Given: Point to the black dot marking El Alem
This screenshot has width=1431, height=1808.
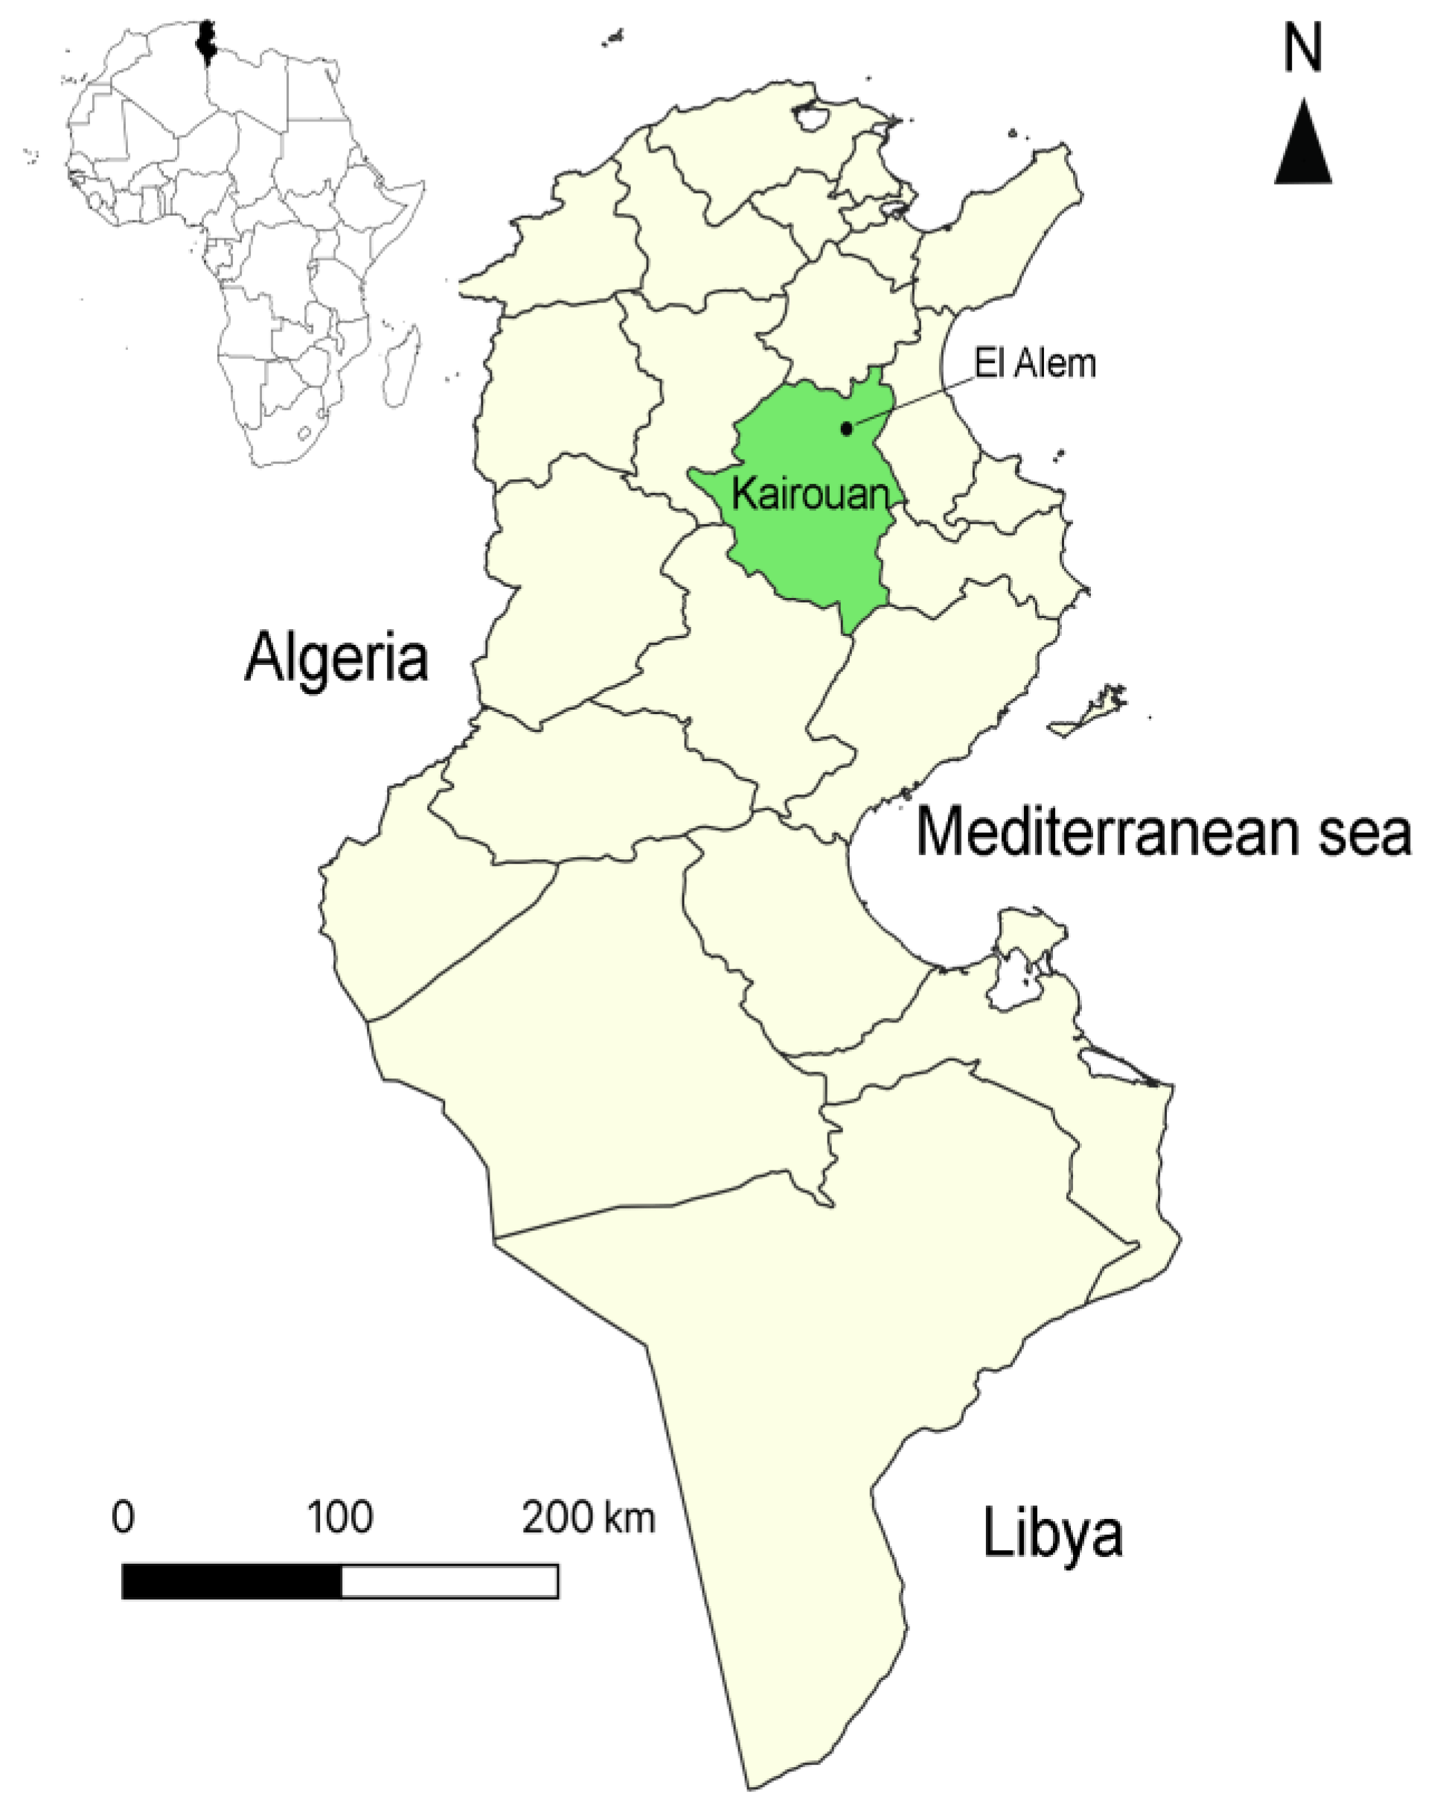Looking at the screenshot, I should point(847,428).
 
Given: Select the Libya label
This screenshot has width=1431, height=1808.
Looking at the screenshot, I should point(1052,1532).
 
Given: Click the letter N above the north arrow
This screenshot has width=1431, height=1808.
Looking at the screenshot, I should point(1302,52).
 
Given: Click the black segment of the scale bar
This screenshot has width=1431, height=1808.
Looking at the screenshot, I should point(231,1581).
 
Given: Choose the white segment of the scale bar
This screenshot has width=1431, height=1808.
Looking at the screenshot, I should point(450,1581).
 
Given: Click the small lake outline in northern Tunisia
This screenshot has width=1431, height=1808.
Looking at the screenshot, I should point(810,118).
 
